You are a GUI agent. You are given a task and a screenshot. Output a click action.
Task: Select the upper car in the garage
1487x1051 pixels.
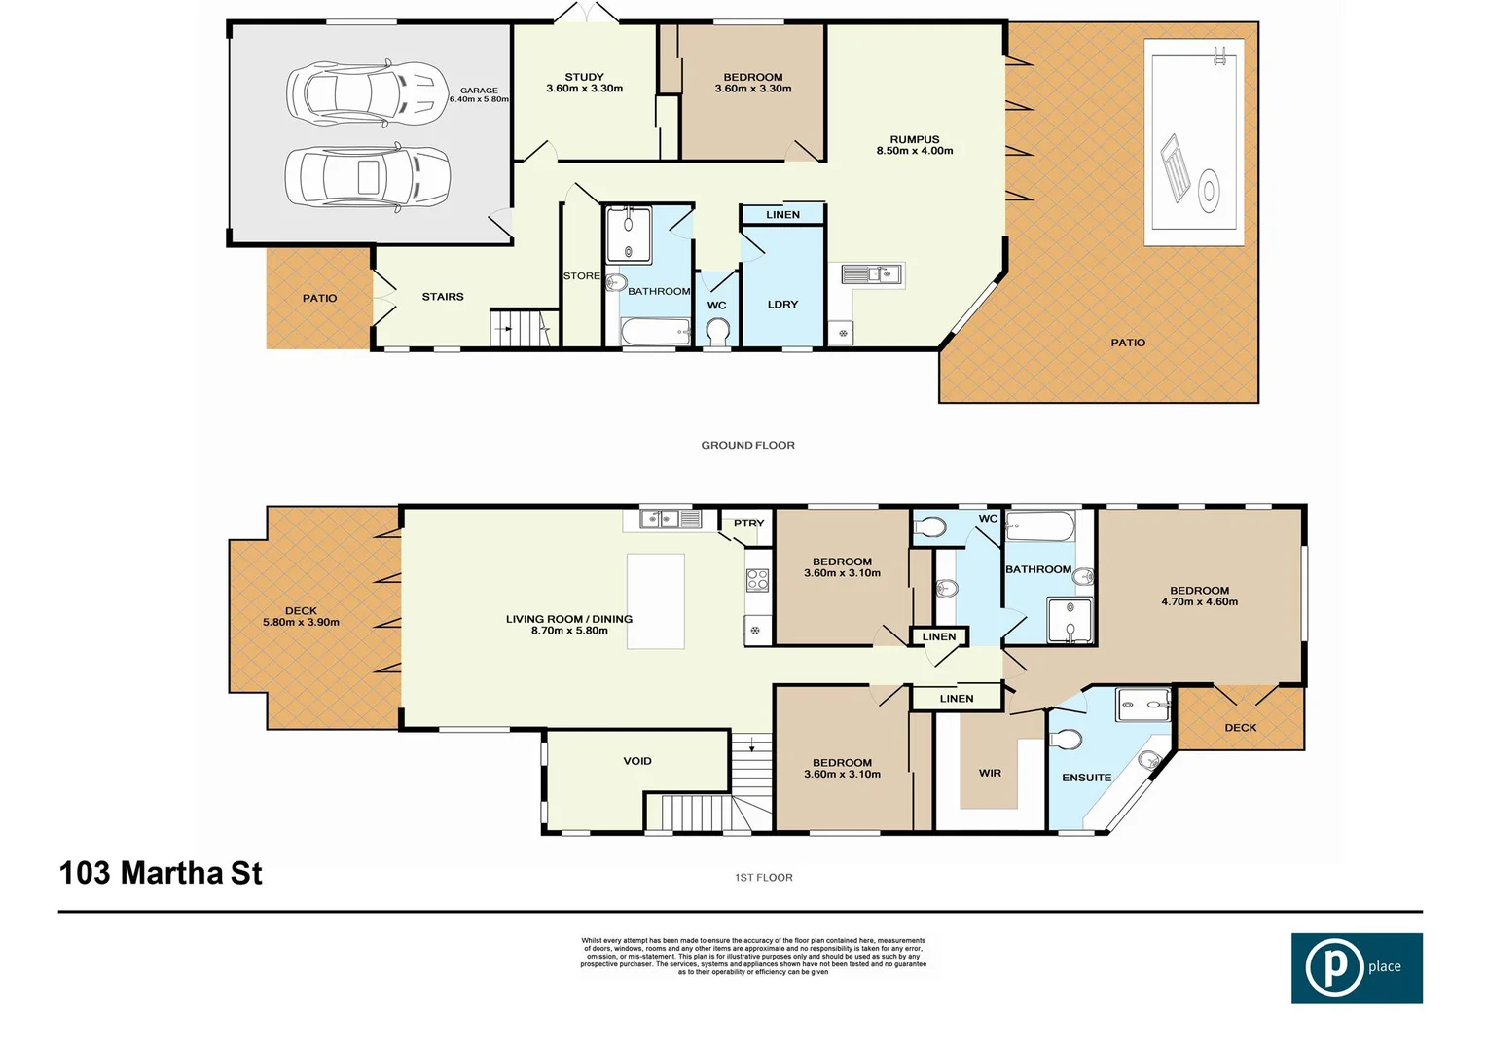tap(366, 93)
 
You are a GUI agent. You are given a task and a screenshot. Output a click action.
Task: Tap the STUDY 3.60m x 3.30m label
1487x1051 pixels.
tap(584, 83)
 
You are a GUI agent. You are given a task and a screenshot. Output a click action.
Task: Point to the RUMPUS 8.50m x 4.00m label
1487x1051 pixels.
tap(914, 145)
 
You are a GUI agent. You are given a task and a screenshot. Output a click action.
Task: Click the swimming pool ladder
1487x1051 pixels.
tap(1219, 55)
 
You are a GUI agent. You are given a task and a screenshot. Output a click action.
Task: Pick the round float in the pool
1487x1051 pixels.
tap(1208, 190)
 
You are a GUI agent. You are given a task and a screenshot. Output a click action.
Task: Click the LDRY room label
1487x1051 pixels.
tap(782, 305)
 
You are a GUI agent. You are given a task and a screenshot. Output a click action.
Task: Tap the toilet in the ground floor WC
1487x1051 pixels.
tap(717, 334)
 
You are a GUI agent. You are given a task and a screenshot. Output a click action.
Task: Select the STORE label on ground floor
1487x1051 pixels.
tap(581, 276)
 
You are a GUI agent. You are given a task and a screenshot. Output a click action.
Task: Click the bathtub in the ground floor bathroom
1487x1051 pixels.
tap(655, 333)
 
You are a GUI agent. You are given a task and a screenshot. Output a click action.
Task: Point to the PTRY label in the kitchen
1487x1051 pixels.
tap(748, 524)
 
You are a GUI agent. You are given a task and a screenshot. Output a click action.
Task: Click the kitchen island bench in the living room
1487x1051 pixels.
tap(655, 601)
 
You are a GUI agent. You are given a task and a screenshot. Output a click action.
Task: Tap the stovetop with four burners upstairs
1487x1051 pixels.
tap(757, 581)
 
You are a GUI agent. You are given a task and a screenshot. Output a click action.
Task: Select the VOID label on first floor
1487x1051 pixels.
tap(637, 761)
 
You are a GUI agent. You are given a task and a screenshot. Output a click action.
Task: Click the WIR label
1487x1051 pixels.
tap(990, 773)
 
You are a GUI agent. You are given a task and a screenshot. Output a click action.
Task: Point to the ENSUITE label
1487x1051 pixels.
tap(1086, 778)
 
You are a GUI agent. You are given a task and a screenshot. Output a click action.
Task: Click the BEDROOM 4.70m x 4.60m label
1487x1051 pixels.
tap(1199, 597)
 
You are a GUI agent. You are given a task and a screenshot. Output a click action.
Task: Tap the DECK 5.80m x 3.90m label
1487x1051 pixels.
tap(301, 617)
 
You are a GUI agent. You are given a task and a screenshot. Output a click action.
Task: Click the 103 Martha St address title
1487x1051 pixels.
tap(161, 873)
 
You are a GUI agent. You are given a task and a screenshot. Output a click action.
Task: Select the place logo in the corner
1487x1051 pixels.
tap(1356, 968)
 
